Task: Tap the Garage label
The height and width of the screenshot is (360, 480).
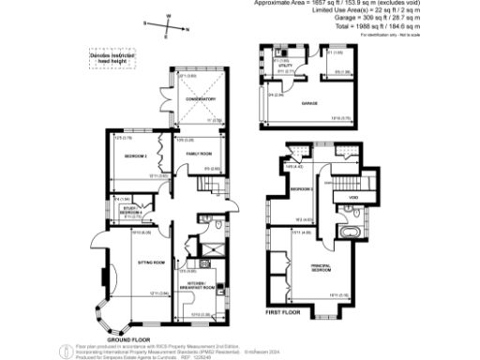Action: pyautogui.click(x=307, y=103)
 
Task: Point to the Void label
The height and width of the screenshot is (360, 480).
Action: pyautogui.click(x=354, y=198)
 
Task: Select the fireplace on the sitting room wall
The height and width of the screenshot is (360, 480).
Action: pyautogui.click(x=103, y=277)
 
